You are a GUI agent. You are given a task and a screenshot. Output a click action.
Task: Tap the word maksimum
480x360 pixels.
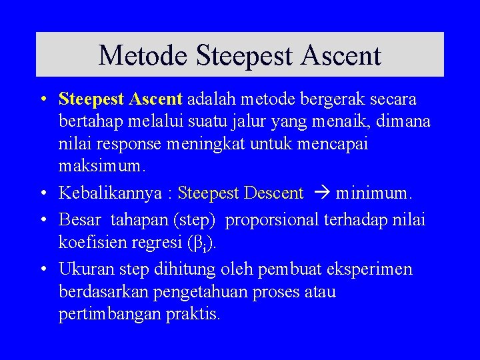click(99, 164)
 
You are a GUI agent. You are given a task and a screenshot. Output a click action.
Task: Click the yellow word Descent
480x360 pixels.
click(274, 194)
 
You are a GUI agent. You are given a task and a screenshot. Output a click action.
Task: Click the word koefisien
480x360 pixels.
click(91, 241)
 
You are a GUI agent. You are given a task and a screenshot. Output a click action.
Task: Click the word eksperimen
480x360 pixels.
click(371, 269)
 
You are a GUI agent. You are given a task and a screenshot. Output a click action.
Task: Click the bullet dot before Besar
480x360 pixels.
click(43, 219)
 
